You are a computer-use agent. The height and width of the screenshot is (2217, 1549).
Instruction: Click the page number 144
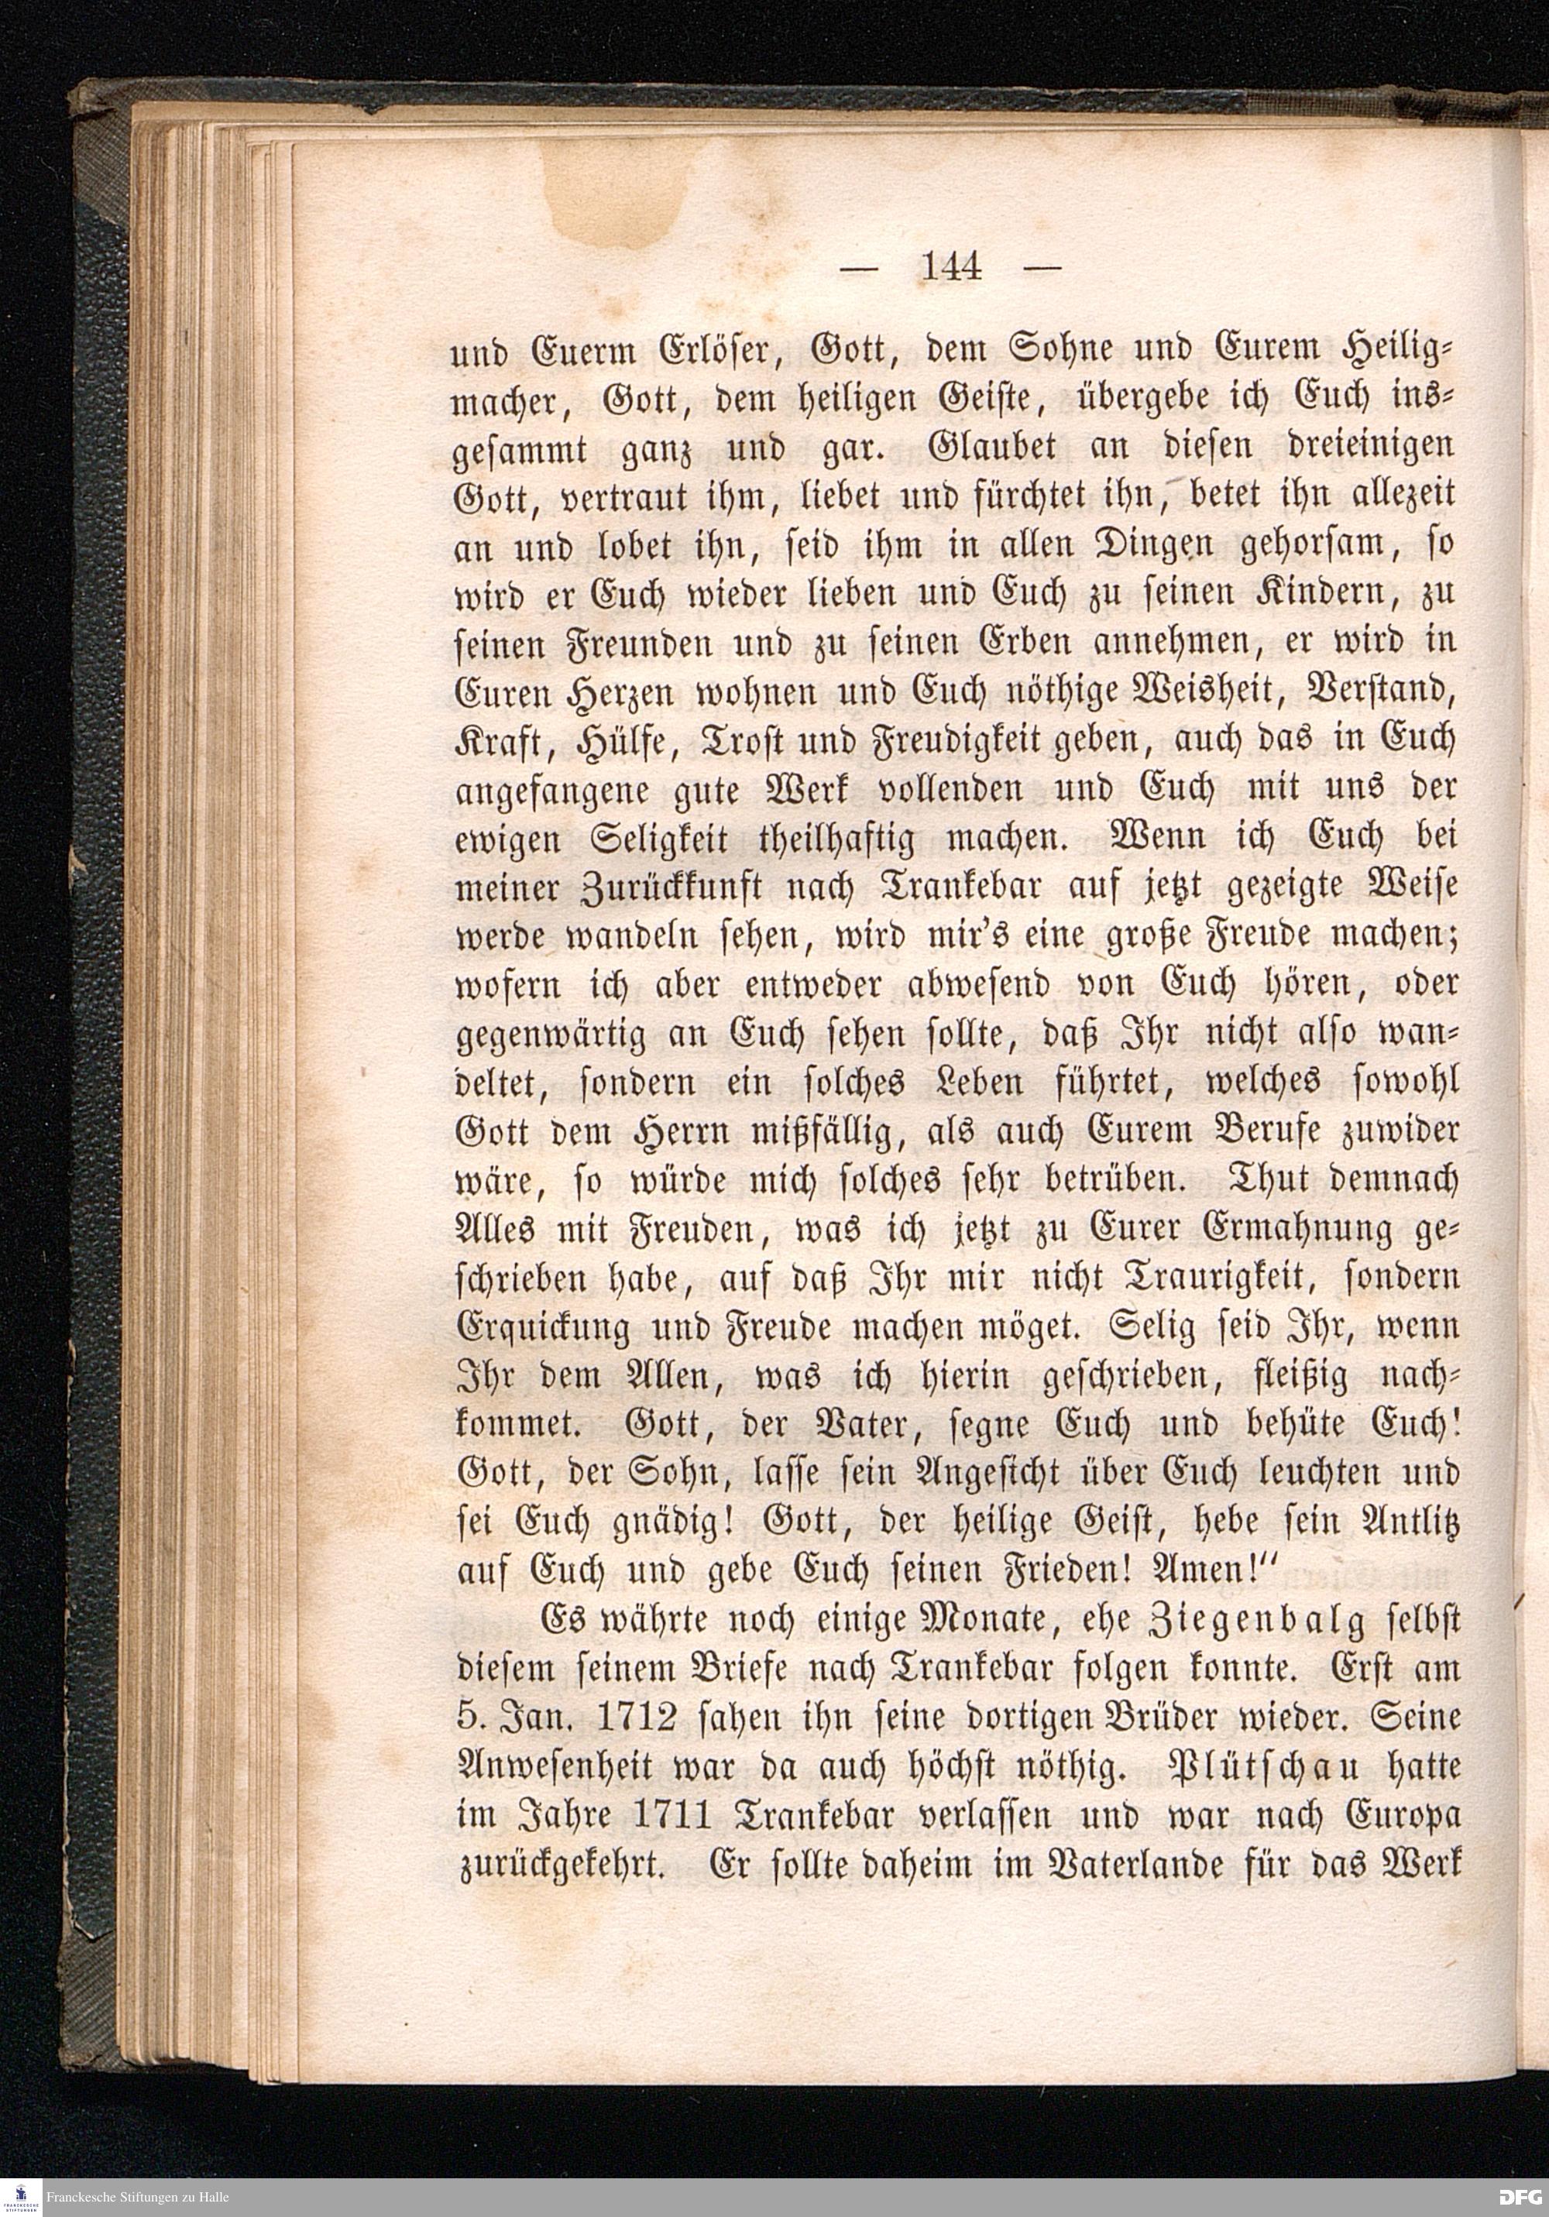coord(952,266)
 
